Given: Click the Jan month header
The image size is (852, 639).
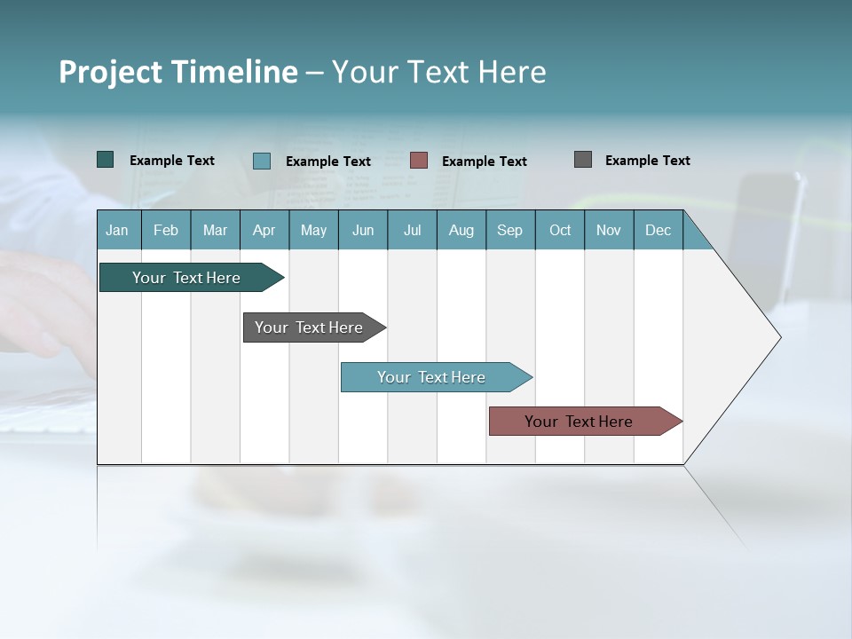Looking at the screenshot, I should click(118, 230).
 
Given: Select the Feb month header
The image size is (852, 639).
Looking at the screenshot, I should click(166, 230).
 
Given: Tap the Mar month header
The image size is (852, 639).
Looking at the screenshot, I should click(215, 230).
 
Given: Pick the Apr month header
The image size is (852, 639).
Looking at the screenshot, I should click(264, 230).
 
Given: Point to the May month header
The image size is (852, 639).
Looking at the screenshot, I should click(313, 230).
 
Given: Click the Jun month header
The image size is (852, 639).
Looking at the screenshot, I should click(363, 230).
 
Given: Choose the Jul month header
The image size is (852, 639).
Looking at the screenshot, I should click(412, 230).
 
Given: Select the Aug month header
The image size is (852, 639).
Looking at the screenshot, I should click(461, 230).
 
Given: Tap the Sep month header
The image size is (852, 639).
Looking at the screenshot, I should click(510, 230).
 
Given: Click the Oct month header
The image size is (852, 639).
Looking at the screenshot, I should click(560, 230).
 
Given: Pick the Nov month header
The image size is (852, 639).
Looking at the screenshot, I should click(609, 230).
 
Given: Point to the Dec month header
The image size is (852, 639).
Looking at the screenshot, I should click(659, 230).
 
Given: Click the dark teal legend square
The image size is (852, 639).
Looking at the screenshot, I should click(106, 160).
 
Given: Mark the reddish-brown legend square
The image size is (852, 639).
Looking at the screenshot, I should click(419, 161).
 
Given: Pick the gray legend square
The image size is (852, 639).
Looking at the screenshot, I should click(583, 160).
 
